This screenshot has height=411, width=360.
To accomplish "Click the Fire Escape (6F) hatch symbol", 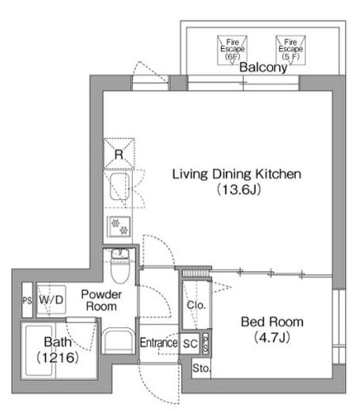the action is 232,51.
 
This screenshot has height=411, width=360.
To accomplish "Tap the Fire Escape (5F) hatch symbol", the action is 290,51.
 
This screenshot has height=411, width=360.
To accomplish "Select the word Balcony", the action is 263,67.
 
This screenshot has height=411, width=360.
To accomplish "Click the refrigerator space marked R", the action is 119,153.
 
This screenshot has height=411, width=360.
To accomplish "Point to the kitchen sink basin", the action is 119,187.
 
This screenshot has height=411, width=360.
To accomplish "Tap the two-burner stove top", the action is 119,227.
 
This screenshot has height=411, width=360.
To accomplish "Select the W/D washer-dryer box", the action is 51,300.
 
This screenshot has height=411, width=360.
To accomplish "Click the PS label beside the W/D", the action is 27,300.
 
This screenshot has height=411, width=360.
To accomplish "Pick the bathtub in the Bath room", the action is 39,351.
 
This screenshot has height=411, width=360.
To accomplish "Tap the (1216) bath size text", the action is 58,357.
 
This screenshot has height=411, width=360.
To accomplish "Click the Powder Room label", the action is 101,300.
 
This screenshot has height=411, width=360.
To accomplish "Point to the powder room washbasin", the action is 118,341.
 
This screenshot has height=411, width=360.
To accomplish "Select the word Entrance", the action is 159,343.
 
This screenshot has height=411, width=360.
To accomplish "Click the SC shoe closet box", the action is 191,344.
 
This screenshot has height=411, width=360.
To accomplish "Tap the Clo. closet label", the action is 196,305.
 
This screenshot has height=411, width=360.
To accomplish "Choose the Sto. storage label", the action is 202,368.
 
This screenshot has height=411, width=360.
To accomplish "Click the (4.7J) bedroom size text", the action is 272,337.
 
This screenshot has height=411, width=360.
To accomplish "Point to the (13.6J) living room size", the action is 239,190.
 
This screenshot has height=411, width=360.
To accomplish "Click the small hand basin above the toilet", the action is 119,254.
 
